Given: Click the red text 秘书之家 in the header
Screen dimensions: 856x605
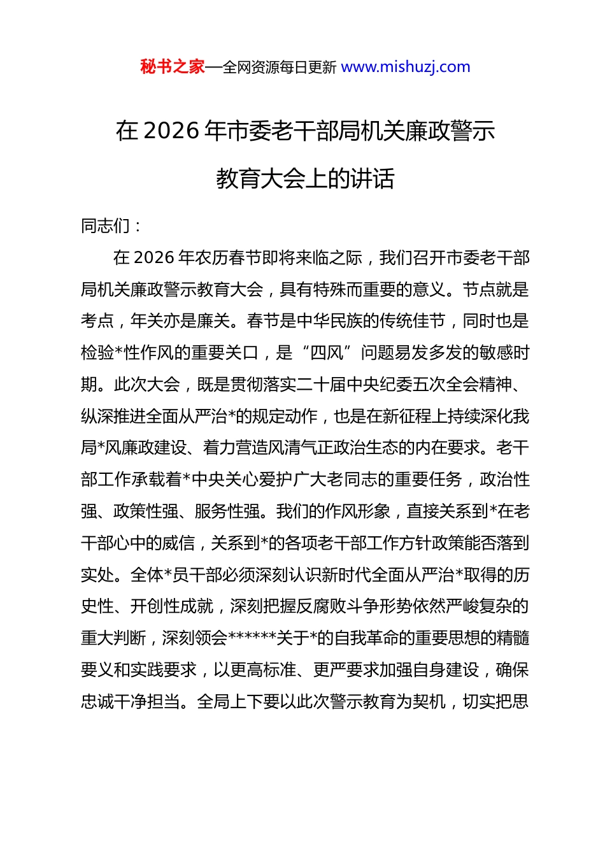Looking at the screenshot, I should coord(172,67).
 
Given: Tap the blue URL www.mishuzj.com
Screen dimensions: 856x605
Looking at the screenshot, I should coord(406,67).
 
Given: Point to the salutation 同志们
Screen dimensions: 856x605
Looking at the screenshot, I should coord(106,226).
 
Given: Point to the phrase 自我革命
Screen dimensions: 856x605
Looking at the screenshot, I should coord(371,638).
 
